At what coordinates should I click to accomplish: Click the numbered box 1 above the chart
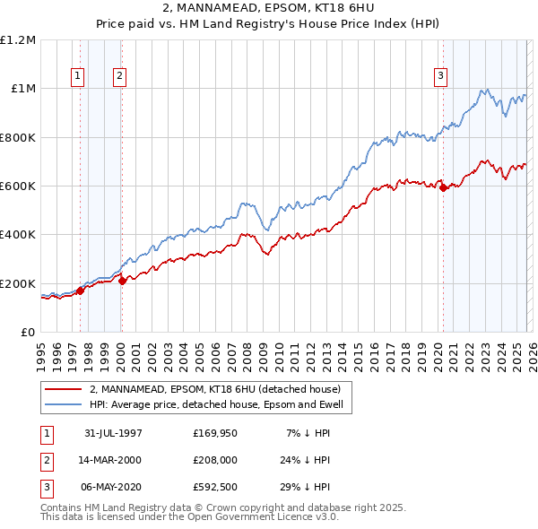coord(78,77)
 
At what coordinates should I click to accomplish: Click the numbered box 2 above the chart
coord(119,77)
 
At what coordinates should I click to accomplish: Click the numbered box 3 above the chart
coord(441,77)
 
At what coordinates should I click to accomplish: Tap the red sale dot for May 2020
coord(443,187)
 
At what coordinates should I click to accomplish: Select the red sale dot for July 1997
coord(81,290)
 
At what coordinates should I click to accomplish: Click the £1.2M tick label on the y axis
coord(18,40)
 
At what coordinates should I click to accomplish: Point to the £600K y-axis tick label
coord(18,186)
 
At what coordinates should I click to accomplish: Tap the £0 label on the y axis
coord(27,332)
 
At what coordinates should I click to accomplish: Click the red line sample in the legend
coord(64,390)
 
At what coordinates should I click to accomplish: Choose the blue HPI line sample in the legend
coord(64,404)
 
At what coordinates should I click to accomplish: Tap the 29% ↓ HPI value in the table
coord(304,487)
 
